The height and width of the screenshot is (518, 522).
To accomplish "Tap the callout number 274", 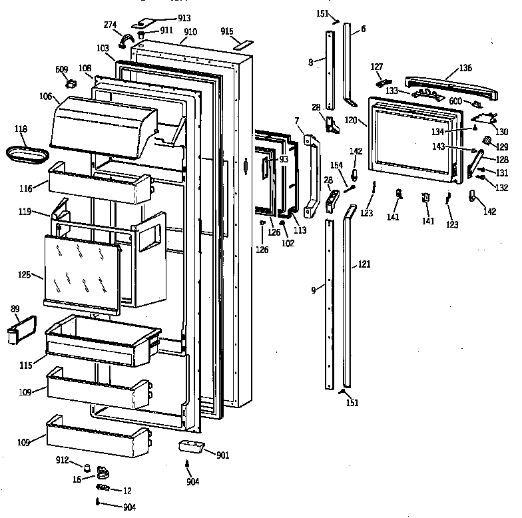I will (x=111, y=25).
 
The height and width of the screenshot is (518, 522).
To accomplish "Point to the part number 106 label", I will (x=45, y=97).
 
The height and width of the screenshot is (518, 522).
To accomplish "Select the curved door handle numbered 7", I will (x=311, y=176).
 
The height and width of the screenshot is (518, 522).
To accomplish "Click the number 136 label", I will (x=465, y=68).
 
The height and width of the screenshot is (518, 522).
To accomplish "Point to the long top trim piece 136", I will (x=449, y=85).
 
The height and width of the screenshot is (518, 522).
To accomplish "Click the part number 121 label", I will (x=364, y=265).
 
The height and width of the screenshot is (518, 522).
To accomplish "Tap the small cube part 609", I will (x=69, y=83).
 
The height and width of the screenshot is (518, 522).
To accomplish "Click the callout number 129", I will (x=502, y=146).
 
